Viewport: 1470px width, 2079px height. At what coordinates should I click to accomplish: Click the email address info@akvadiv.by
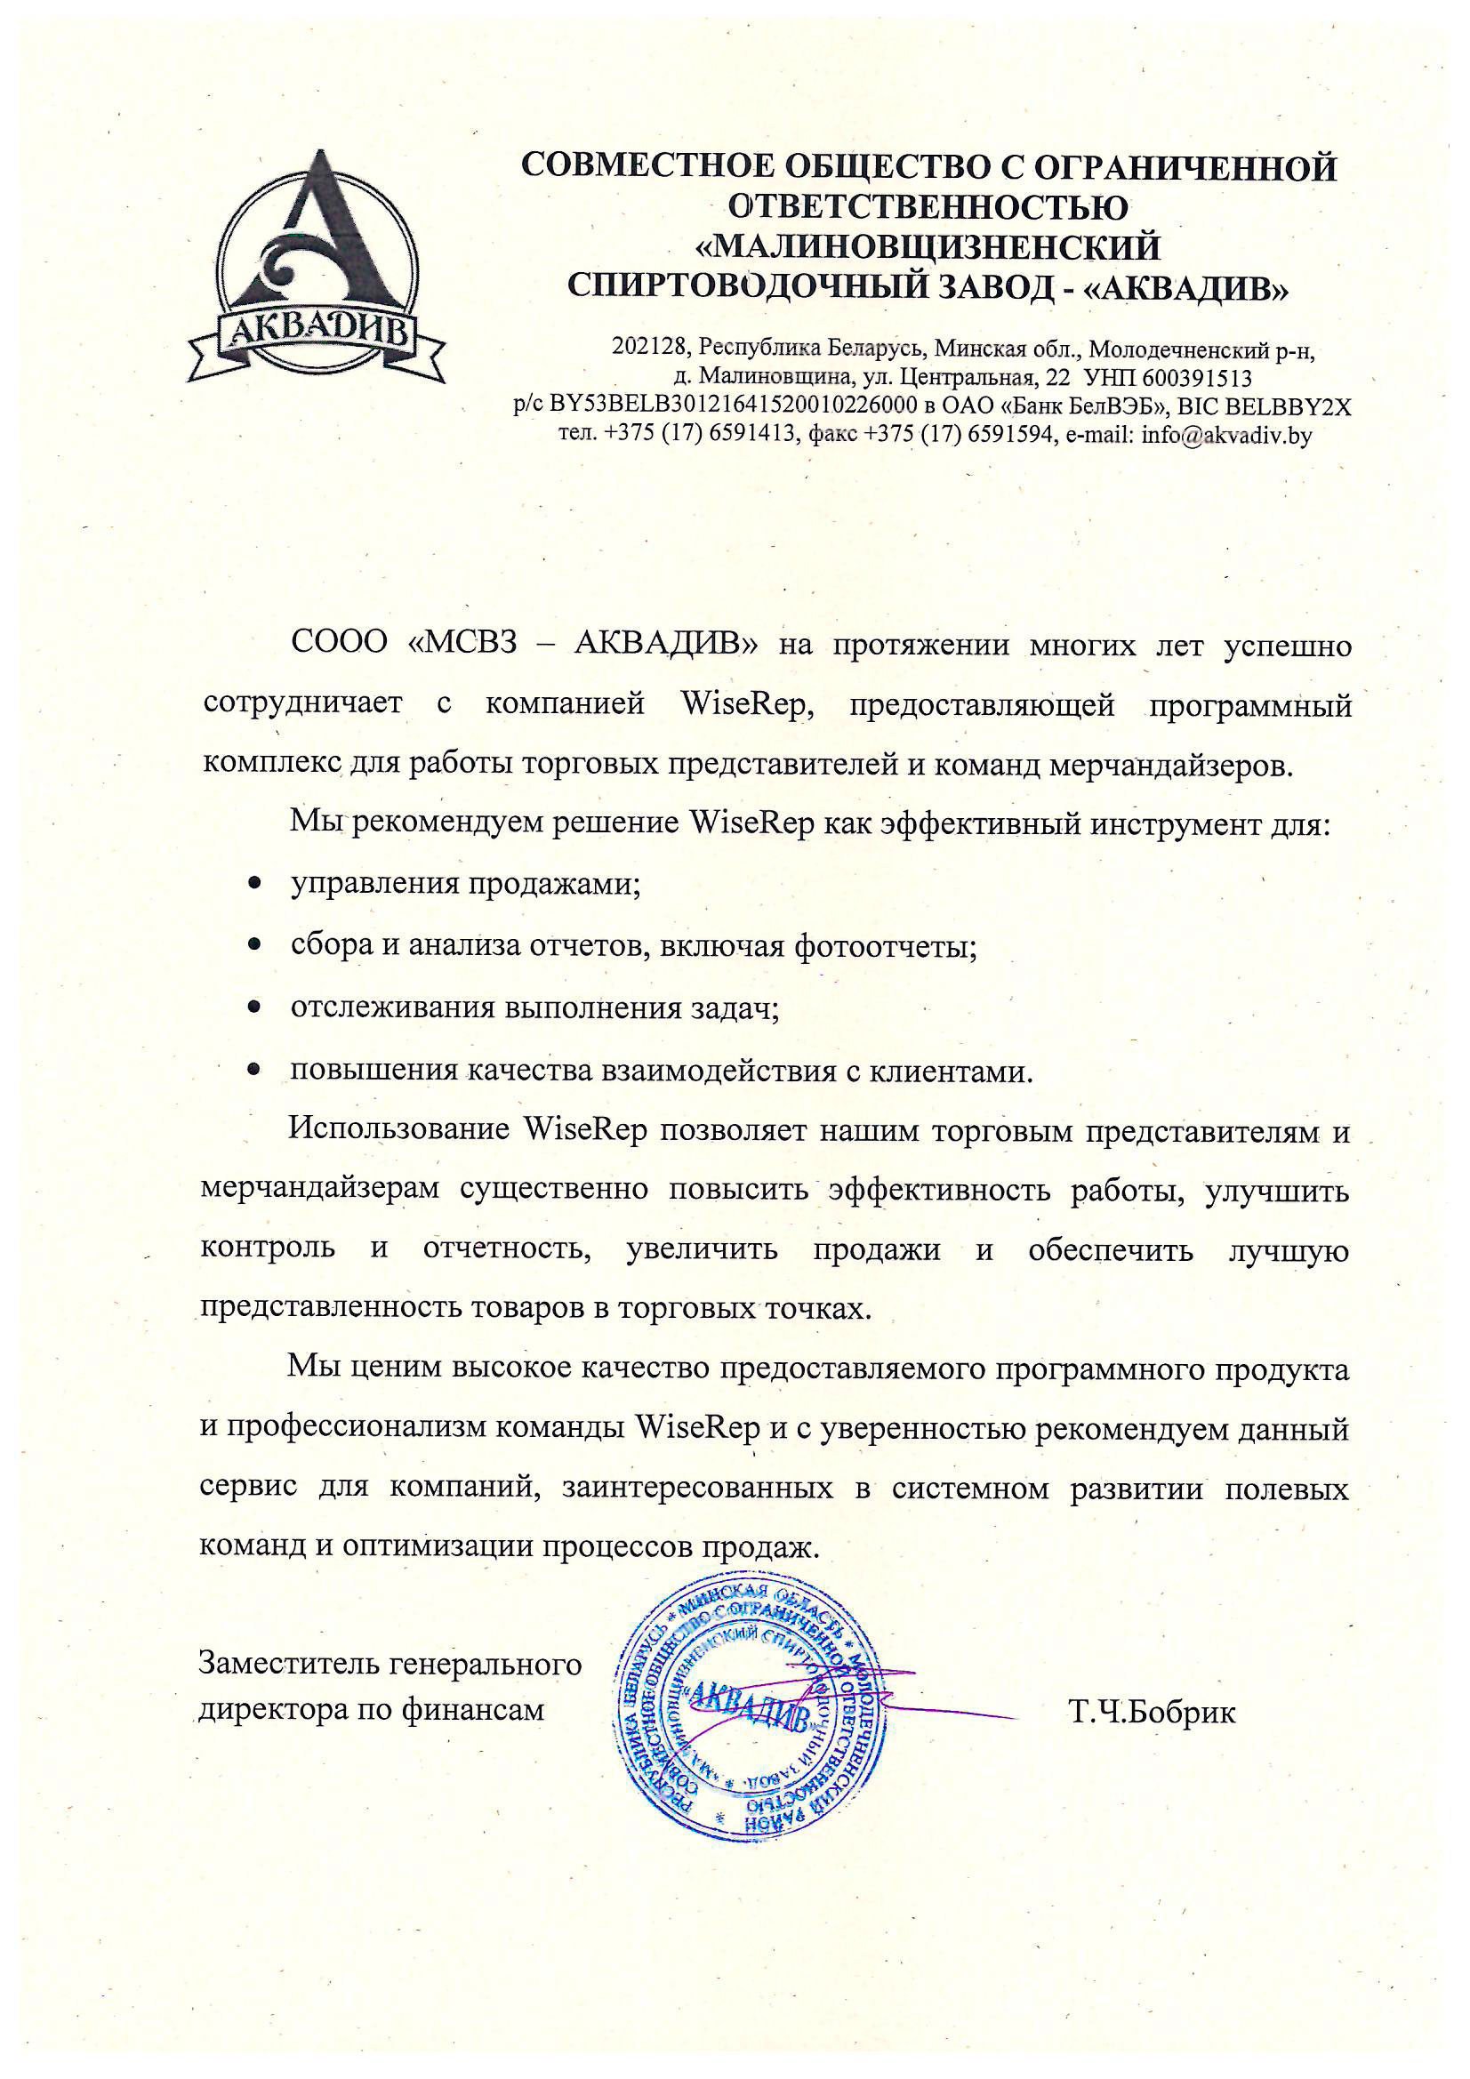point(1226,436)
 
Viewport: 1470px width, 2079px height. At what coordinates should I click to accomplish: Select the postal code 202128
point(650,347)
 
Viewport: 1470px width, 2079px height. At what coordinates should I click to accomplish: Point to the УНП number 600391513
point(1196,378)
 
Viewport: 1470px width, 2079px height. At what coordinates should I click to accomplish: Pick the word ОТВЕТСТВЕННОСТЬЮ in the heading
point(928,207)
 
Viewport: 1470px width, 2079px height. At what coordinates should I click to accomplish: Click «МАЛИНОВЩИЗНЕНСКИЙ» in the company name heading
point(928,247)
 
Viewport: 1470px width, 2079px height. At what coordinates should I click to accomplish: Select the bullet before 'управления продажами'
point(255,882)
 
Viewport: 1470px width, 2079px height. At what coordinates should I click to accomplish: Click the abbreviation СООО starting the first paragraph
point(339,641)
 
